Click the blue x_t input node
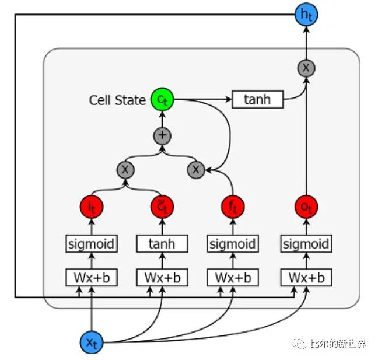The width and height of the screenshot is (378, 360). (92, 342)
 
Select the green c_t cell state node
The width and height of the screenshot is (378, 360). (162, 100)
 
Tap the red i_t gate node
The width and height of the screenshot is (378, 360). (92, 206)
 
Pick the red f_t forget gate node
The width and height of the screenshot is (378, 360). (233, 206)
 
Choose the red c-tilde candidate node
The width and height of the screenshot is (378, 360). (162, 206)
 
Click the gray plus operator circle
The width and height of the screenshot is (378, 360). (162, 136)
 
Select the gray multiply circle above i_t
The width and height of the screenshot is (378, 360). (125, 170)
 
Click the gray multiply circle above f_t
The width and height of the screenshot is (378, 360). (196, 170)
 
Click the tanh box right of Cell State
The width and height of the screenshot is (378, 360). (257, 100)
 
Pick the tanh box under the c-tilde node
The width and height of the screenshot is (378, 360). (162, 243)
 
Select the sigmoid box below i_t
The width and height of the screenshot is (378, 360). (92, 243)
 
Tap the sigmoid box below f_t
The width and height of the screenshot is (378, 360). (233, 243)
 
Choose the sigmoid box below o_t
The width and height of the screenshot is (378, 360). (306, 243)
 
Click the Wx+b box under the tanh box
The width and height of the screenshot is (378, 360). (162, 277)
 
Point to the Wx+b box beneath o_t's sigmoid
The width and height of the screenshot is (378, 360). (306, 277)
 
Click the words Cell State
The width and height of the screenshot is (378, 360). (117, 100)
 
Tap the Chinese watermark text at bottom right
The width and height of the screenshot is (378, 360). (338, 344)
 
